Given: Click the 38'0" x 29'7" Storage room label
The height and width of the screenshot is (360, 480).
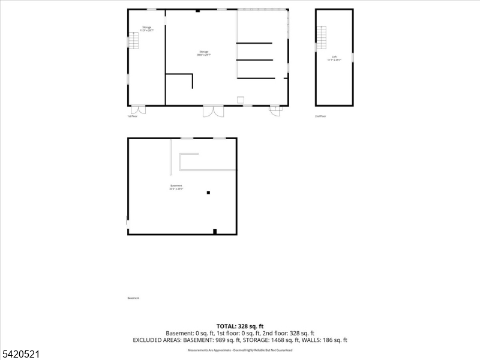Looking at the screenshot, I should (x=204, y=53).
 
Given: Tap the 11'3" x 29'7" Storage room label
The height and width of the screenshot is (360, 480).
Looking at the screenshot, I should (x=146, y=29).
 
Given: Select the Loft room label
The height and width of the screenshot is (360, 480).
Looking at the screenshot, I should (x=334, y=58).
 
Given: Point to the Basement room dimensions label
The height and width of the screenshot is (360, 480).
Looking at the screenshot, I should (x=176, y=187).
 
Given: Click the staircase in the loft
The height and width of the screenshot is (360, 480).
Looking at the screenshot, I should (x=322, y=38).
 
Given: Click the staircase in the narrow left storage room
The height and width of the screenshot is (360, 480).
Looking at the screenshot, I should (x=133, y=41).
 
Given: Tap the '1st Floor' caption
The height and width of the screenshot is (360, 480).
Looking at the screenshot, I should (x=133, y=116).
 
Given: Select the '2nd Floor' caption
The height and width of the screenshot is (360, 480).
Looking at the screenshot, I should (x=321, y=116).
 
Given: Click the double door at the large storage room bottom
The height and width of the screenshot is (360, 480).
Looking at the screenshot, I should (x=213, y=111).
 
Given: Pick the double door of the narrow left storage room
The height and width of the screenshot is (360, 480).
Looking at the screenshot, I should (x=138, y=110).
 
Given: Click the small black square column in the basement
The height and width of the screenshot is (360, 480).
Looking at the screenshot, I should (x=208, y=193).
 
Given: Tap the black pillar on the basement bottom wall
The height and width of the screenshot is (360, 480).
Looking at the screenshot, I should (x=215, y=232).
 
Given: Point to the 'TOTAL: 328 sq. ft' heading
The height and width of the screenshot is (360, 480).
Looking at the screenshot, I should (x=240, y=326).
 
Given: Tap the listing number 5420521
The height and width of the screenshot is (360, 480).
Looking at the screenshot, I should (x=20, y=355).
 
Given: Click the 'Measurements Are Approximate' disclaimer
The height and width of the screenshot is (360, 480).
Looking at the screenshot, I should (x=240, y=350).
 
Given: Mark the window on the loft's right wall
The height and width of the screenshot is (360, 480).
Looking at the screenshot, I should (x=353, y=57).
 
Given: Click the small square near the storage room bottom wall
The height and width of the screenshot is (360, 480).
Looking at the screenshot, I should (x=241, y=99).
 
